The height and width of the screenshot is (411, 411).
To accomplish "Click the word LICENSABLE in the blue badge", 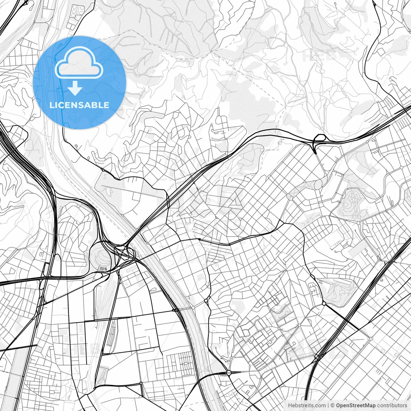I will click(79, 105).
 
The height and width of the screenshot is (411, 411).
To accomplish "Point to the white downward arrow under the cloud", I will click(75, 88).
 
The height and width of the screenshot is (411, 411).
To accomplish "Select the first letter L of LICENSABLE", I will click(51, 105).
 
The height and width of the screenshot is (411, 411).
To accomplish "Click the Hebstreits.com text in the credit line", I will click(307, 406).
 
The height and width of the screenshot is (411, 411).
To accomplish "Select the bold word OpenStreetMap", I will click(356, 406).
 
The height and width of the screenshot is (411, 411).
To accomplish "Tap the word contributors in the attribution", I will click(392, 406).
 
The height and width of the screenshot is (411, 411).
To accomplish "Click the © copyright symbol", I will click(333, 406).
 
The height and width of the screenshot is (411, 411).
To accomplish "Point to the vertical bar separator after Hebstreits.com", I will click(328, 406).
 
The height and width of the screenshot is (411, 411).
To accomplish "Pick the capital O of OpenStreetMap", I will click(338, 406).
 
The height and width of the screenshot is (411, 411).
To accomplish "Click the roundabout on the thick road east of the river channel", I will click(229, 372).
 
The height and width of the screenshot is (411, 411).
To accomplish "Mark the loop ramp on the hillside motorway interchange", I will click(319, 139).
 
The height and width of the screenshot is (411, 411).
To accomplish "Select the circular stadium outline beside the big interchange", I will click(101, 256).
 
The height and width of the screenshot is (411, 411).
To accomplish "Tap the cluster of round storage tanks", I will click(76, 11).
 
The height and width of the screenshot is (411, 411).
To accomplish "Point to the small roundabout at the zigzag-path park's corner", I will click(324, 303).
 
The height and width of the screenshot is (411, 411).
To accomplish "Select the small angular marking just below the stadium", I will click(103, 268).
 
